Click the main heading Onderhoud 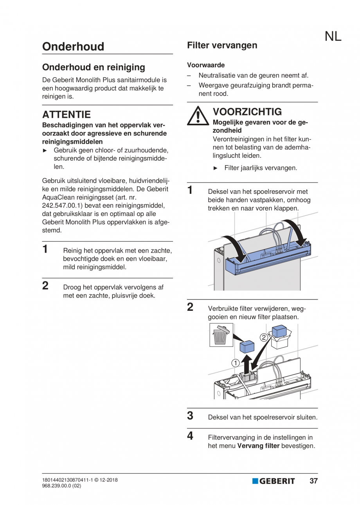(x=73, y=47)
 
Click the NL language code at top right (x=333, y=36)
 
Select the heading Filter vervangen (x=222, y=45)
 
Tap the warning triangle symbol (x=198, y=116)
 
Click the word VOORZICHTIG (x=247, y=112)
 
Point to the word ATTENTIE (x=66, y=115)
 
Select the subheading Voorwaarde (x=206, y=65)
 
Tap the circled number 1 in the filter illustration (x=235, y=363)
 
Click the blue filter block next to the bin (x=247, y=346)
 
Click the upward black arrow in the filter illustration (x=247, y=364)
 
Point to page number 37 (x=313, y=481)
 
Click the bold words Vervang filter (x=258, y=446)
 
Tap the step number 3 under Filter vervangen (x=190, y=416)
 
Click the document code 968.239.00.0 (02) (x=61, y=486)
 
